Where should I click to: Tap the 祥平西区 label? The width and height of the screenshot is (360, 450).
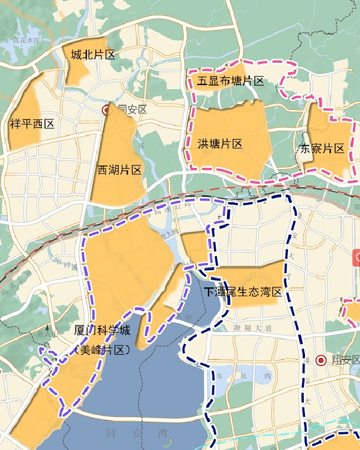pyautogui.click(x=33, y=124)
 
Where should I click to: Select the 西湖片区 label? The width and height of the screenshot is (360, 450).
pyautogui.click(x=120, y=171)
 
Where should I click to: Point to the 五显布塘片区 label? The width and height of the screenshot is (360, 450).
pyautogui.click(x=231, y=81)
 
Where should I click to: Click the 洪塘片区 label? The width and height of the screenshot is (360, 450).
pyautogui.click(x=220, y=144)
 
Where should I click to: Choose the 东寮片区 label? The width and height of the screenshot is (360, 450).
pyautogui.click(x=322, y=149)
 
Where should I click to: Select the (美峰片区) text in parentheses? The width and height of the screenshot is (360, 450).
pyautogui.click(x=102, y=349)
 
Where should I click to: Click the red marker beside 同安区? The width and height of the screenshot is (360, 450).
pyautogui.click(x=106, y=110)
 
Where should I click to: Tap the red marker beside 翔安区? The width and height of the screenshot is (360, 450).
pyautogui.click(x=321, y=360)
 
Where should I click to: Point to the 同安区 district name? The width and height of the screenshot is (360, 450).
pyautogui.click(x=132, y=110)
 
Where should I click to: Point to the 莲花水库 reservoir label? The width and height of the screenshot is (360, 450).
pyautogui.click(x=27, y=40)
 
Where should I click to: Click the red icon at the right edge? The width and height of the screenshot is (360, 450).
pyautogui.click(x=356, y=257)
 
